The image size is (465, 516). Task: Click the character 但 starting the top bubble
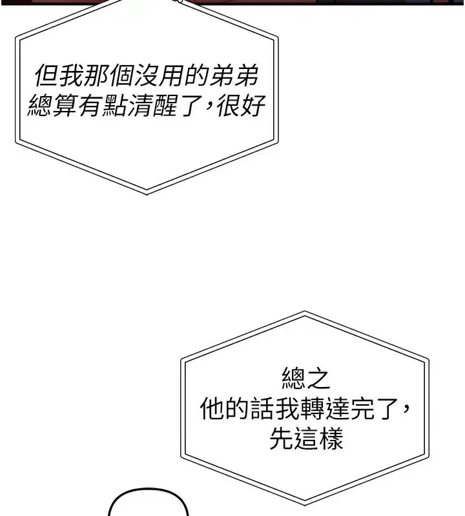pos(46,75)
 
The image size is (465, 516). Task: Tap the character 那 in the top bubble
pos(96,75)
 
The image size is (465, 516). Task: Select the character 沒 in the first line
pos(146,75)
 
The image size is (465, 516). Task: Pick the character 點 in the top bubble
pos(115,105)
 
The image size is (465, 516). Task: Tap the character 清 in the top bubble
pos(139,105)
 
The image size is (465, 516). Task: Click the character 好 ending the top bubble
pos(253,105)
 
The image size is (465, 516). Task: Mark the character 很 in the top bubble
pos(228,105)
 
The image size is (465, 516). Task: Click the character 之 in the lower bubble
pos(318,379)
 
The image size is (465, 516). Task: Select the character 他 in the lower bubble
pos(212,408)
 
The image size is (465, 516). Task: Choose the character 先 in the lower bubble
pos(282,439)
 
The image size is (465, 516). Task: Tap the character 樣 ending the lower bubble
pos(331,439)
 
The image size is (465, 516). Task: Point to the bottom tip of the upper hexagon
pos(147,194)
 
